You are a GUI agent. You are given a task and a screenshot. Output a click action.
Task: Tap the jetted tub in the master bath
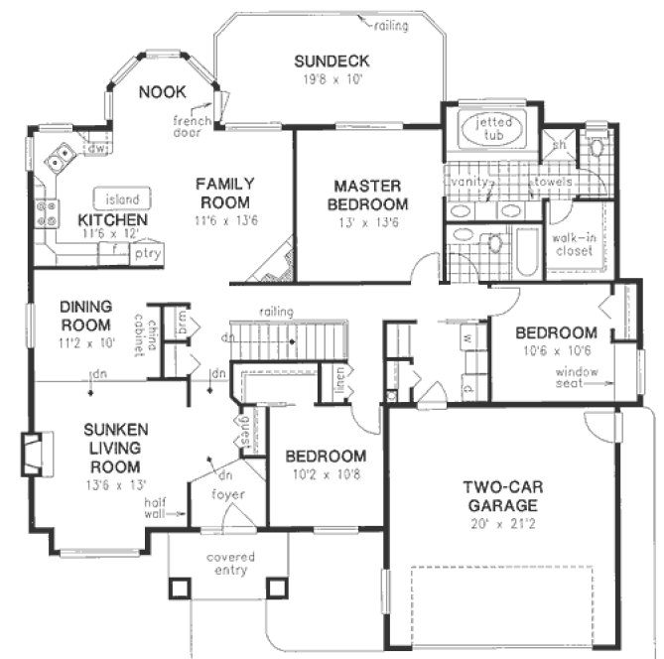(493, 130)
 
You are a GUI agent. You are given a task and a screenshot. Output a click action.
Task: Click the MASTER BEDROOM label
(366, 194)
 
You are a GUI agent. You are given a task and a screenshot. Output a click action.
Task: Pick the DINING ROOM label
(83, 316)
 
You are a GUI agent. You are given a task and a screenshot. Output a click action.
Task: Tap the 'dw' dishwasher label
(96, 149)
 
